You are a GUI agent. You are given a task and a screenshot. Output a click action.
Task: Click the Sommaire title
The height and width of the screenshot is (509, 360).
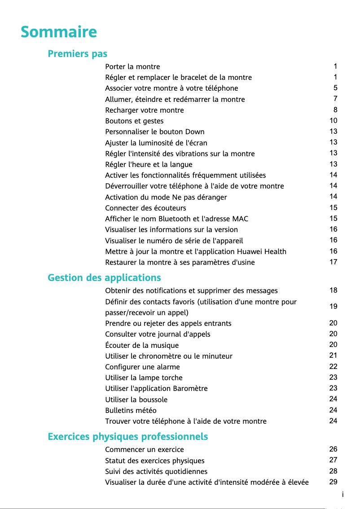tap(59, 32)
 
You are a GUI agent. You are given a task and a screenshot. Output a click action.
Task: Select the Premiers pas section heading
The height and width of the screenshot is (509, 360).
tap(78, 54)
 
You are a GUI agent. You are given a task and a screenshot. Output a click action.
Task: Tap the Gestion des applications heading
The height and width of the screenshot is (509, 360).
tap(104, 278)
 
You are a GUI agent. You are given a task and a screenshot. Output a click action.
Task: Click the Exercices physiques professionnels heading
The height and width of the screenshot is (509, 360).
tap(128, 436)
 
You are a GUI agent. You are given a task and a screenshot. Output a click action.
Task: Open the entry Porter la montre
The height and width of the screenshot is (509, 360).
tap(132, 67)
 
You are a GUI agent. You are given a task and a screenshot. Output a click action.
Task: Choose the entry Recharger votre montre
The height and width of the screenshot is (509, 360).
tap(145, 110)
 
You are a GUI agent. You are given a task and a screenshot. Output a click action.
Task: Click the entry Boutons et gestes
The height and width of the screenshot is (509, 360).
tap(134, 121)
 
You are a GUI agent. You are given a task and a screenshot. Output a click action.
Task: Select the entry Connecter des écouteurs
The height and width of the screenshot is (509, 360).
tap(145, 208)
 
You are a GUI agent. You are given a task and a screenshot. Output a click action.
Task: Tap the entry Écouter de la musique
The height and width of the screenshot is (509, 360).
tap(142, 346)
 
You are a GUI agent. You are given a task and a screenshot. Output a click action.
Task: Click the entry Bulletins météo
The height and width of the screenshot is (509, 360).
tap(131, 411)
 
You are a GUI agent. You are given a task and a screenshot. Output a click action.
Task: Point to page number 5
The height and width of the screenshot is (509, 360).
tap(335, 88)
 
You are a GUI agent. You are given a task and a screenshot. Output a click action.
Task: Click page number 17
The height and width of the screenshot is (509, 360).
tap(333, 262)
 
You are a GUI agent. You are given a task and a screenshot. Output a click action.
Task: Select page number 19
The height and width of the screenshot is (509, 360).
tap(333, 307)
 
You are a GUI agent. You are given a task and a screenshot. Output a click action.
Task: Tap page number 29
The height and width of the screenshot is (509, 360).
tap(333, 482)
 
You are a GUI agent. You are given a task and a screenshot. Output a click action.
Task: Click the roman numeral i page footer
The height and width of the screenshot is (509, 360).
tap(342, 495)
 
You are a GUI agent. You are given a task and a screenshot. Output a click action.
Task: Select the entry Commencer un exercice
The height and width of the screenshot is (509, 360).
tap(145, 450)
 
